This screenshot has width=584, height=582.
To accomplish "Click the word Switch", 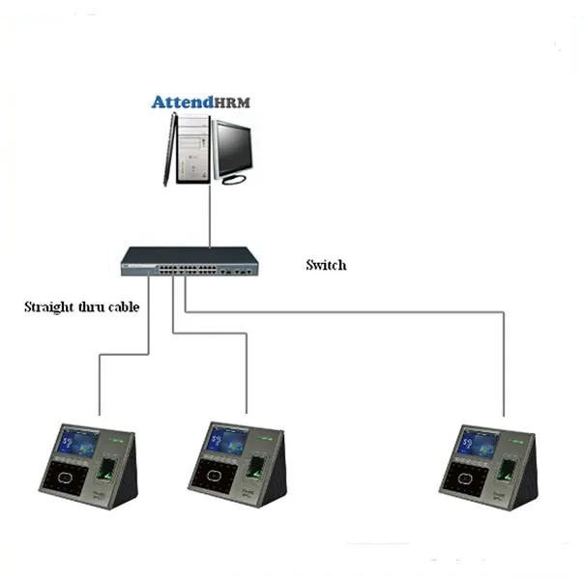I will tap(325, 265).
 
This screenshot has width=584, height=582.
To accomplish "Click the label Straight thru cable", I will tap(82, 308).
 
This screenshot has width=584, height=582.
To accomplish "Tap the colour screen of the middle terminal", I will tap(229, 444).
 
